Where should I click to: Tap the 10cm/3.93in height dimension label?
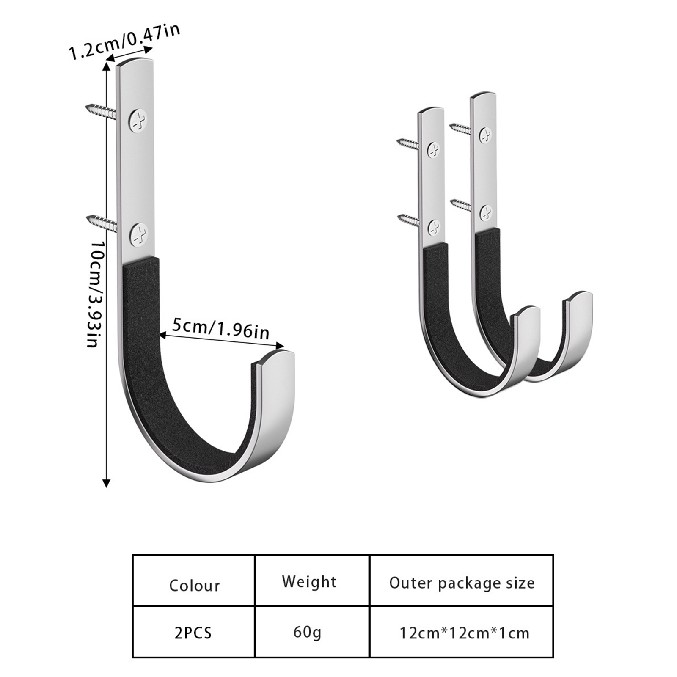96,294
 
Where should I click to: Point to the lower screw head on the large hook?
139,235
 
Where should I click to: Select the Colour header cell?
194,581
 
